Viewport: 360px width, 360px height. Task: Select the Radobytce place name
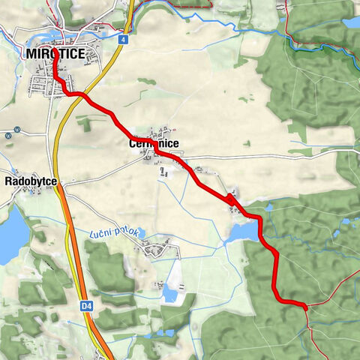click(x=30, y=181)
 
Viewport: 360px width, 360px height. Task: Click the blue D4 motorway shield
click(x=85, y=305)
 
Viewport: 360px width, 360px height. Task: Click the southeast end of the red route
click(x=305, y=305)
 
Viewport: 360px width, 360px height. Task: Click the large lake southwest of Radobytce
click(x=9, y=234)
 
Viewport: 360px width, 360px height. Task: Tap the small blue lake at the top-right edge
click(x=350, y=22)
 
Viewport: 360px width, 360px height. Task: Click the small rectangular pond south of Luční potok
click(x=171, y=294)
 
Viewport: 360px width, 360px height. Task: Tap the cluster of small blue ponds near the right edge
click(x=345, y=223)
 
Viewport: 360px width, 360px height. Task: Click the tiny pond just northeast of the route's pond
click(x=268, y=207)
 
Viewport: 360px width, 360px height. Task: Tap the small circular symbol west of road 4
click(x=6, y=136)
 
